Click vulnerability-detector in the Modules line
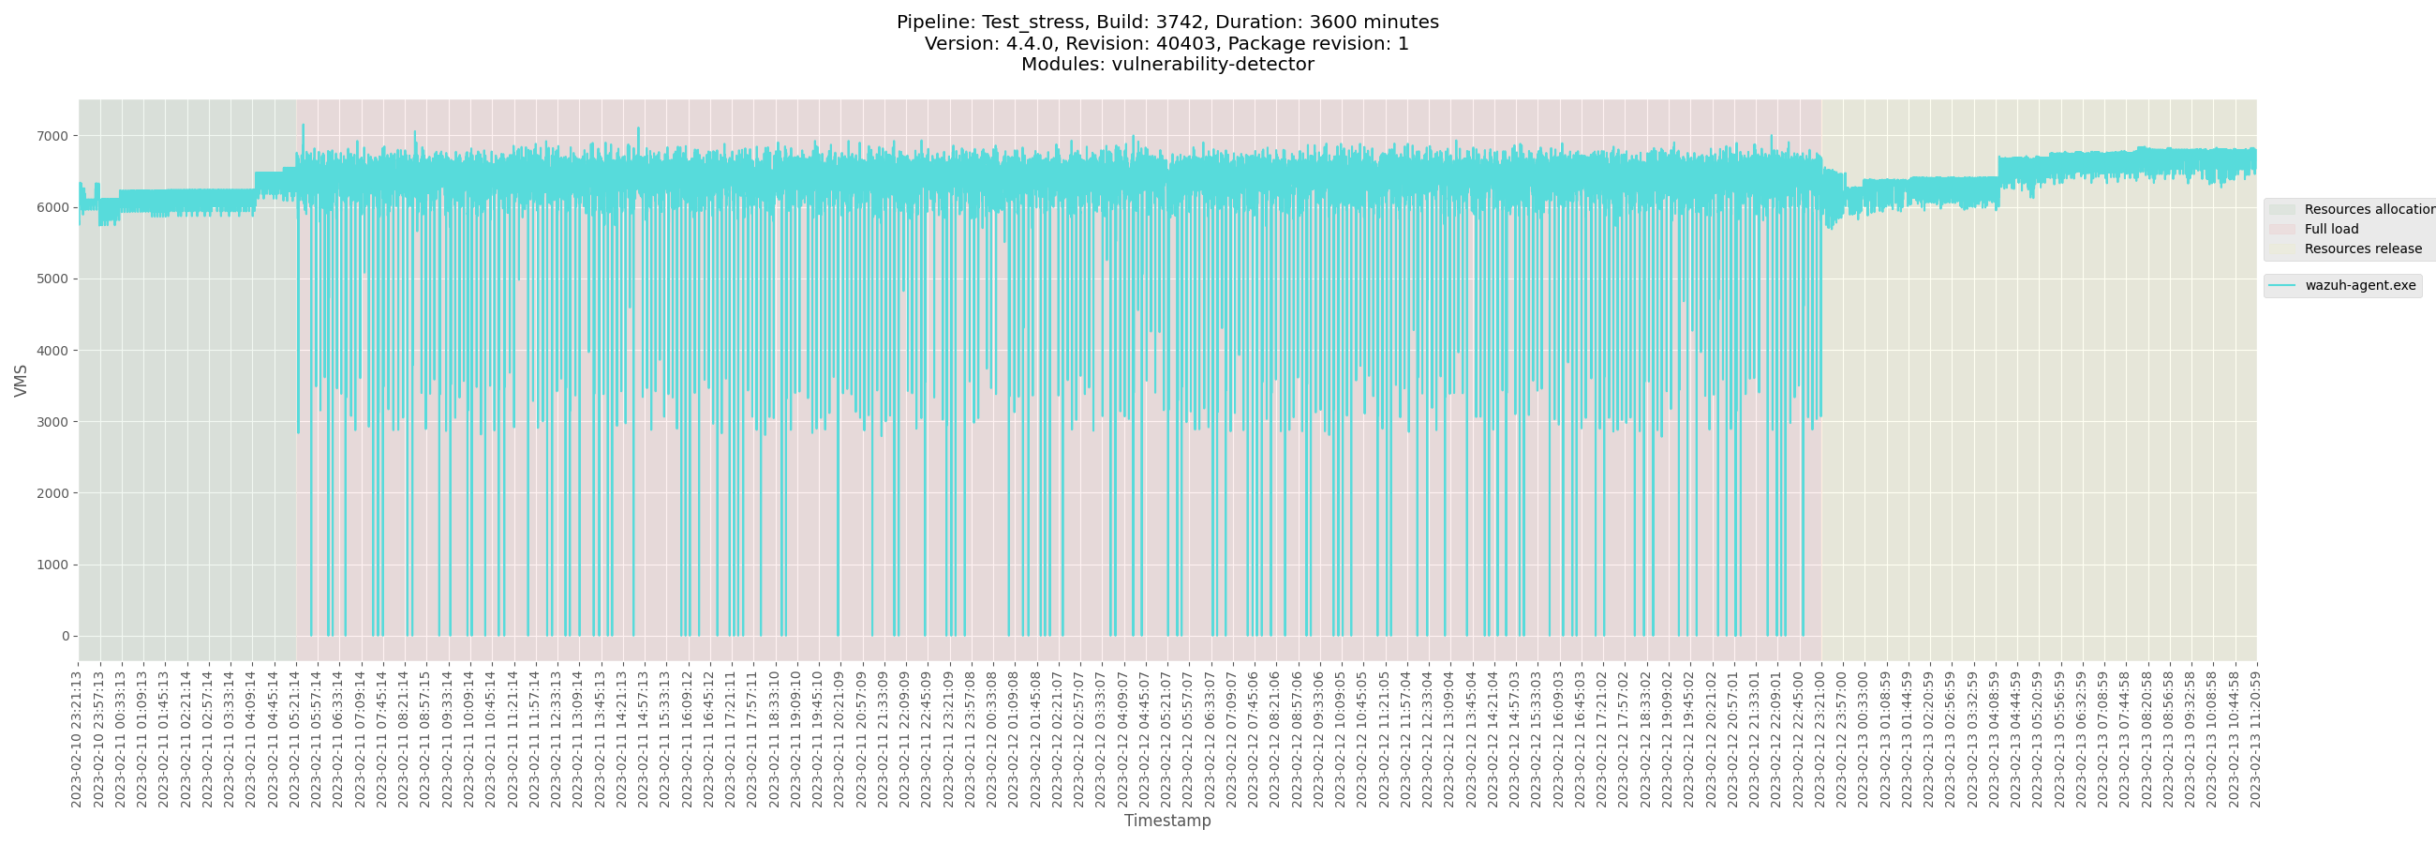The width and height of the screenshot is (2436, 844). (x=1212, y=65)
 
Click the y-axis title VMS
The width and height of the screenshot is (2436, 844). (x=21, y=381)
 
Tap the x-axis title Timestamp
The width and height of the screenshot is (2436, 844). (x=1166, y=821)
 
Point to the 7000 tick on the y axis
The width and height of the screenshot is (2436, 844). (x=53, y=136)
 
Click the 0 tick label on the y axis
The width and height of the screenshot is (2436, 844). (x=66, y=636)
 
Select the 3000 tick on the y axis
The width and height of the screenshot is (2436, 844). (x=53, y=422)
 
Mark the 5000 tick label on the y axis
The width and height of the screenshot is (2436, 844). (x=53, y=279)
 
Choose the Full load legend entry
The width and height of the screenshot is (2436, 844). (x=2331, y=229)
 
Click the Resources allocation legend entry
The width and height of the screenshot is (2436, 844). (x=2369, y=209)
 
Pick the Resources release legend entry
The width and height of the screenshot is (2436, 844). (x=2362, y=249)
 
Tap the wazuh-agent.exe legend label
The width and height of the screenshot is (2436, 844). (x=2359, y=286)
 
